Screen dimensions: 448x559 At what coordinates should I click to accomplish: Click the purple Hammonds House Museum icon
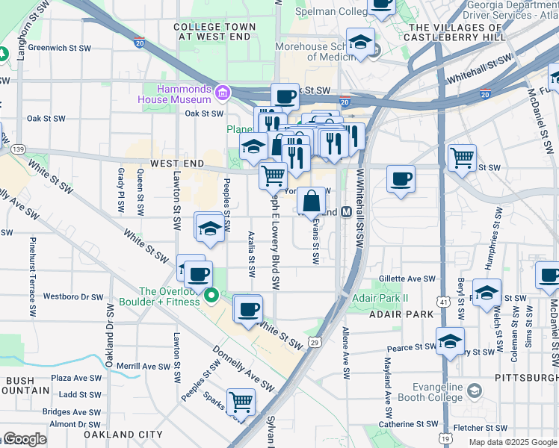(222, 93)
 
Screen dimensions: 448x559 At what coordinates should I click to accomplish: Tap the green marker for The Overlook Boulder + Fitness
(211, 296)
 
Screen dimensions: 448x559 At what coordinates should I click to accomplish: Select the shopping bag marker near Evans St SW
(312, 200)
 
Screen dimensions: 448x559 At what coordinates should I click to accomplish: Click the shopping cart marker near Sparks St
(241, 402)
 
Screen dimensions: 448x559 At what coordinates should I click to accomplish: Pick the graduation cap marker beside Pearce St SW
(451, 341)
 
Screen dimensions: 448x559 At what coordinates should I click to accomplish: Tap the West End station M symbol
(347, 212)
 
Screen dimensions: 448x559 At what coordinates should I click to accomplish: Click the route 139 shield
(16, 149)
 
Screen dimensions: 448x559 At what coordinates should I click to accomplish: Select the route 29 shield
(316, 342)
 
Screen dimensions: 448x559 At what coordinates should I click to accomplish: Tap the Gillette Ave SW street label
(407, 279)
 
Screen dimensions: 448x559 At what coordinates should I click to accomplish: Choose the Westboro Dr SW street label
(73, 296)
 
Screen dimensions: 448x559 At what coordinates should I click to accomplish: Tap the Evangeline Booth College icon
(473, 391)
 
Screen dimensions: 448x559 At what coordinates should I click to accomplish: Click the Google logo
(24, 439)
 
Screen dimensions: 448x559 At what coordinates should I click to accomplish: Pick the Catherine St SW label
(407, 424)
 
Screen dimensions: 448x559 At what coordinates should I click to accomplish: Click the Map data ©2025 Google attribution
(513, 442)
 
